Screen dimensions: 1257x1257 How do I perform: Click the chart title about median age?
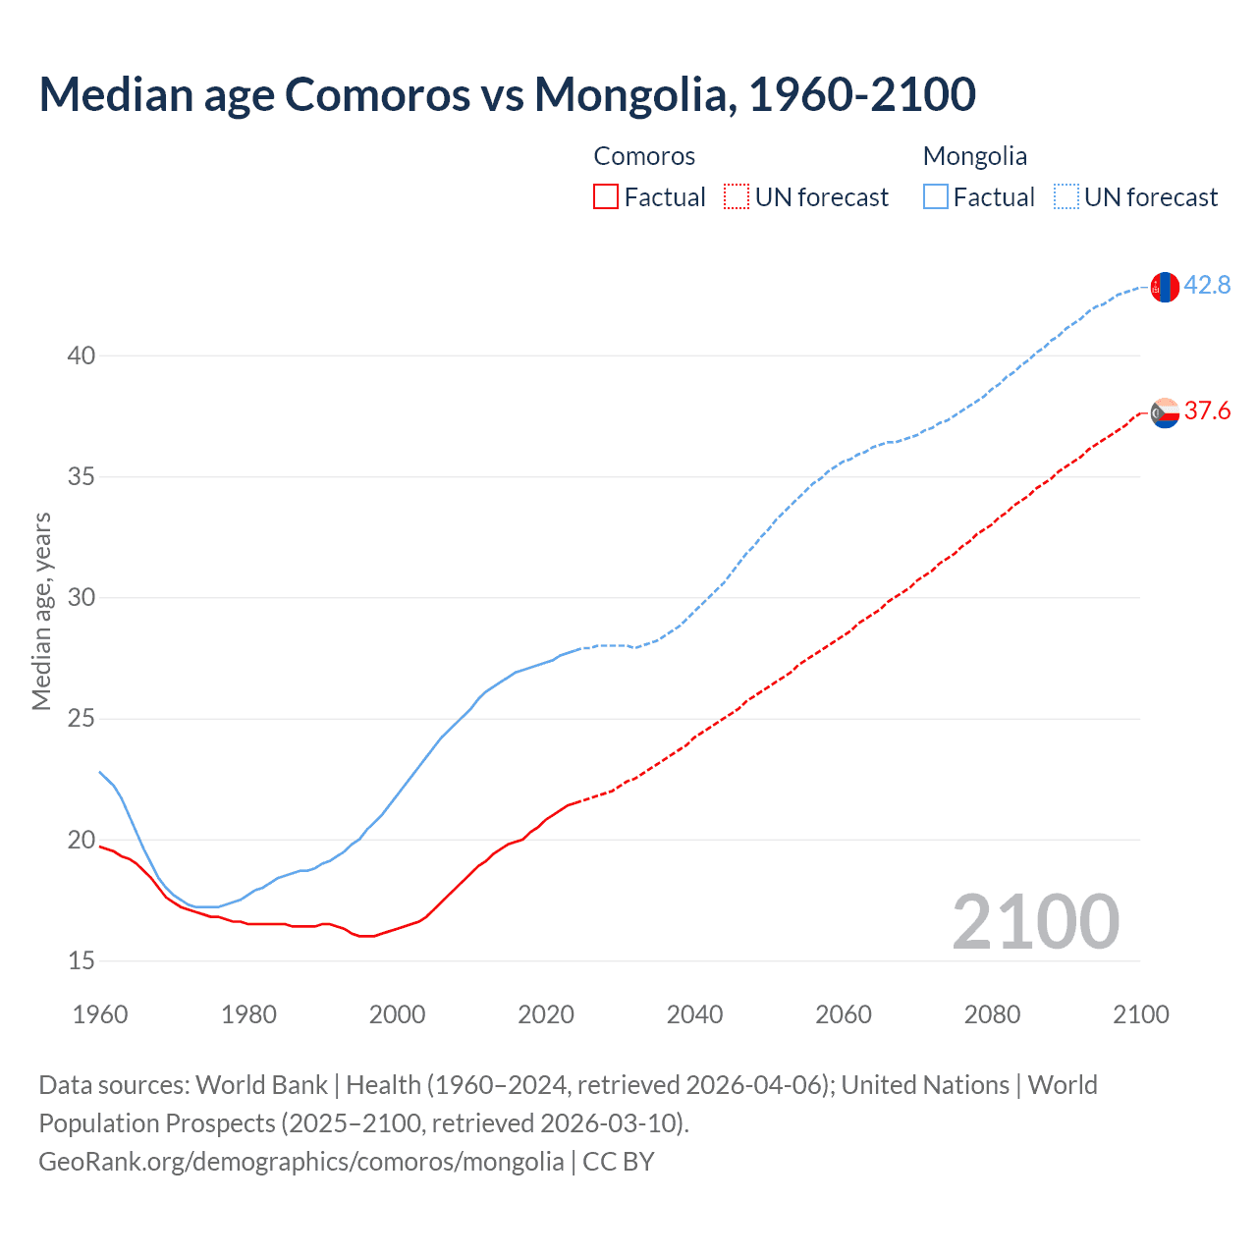point(507,94)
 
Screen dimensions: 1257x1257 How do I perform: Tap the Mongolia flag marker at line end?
point(1165,287)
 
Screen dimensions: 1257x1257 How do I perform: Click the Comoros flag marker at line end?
point(1165,412)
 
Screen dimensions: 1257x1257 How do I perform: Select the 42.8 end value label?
point(1207,286)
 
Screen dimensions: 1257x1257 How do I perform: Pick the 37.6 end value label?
point(1207,411)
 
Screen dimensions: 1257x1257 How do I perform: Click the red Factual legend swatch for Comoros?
point(606,197)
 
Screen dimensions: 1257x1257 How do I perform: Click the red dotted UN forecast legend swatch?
point(737,197)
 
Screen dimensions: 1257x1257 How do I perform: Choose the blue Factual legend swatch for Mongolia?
point(936,197)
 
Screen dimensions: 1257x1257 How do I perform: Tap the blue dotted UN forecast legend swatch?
point(1066,197)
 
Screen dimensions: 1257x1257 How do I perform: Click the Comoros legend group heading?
point(644,156)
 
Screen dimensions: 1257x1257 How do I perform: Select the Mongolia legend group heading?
point(975,156)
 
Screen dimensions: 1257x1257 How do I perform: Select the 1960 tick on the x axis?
point(100,1014)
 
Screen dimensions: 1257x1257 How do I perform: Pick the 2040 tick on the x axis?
point(694,1014)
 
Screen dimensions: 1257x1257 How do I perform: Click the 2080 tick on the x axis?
point(992,1014)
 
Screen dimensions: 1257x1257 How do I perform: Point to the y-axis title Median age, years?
point(41,611)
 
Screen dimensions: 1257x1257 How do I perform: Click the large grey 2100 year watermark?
point(1035,922)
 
